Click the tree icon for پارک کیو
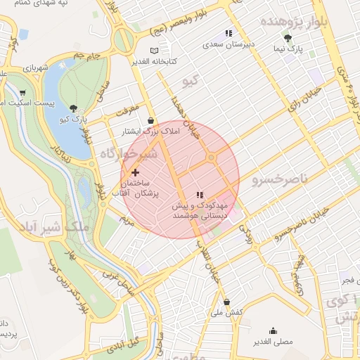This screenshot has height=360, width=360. coord(74,108)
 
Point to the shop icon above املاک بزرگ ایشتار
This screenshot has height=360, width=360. coord(151,120)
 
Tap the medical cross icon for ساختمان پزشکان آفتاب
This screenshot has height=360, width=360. coord(135,172)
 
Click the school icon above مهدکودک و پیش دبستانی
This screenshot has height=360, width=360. coord(200,195)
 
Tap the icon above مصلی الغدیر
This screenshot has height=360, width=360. coord(273,330)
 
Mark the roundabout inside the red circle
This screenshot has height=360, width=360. coord(210,157)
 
